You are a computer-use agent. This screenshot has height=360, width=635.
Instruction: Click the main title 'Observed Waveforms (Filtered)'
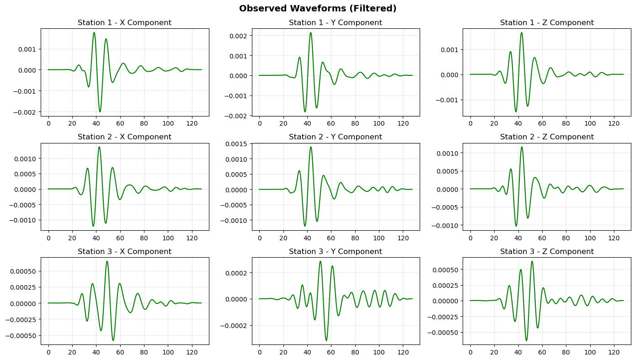[x=317, y=9]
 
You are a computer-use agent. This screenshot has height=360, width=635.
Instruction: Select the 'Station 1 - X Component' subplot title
[x=124, y=23]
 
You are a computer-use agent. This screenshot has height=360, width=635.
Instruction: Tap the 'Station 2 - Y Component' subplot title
[x=336, y=137]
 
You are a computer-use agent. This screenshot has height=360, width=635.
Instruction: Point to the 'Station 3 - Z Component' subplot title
[x=547, y=252]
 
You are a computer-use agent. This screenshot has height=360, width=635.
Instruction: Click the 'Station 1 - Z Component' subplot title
[x=547, y=23]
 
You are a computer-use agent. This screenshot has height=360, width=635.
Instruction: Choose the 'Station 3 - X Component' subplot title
[x=124, y=252]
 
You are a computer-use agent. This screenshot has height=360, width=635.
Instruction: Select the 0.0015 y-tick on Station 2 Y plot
[x=236, y=144]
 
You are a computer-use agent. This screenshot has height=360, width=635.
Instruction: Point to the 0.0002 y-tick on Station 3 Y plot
[x=236, y=273]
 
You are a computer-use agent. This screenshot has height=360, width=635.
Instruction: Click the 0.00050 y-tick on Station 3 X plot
[x=23, y=271]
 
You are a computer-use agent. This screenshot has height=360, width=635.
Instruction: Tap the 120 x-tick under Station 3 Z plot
[x=614, y=352]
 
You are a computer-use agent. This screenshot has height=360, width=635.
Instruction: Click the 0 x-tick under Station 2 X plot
[x=48, y=238]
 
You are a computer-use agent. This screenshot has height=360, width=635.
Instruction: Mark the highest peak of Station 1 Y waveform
[x=311, y=32]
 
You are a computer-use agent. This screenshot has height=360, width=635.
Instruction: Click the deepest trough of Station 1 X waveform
[x=100, y=111]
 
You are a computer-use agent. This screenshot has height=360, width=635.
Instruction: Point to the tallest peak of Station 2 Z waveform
[x=522, y=147]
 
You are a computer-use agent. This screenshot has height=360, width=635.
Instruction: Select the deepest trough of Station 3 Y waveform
[x=326, y=340]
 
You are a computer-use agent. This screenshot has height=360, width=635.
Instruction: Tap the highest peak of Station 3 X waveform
[x=107, y=261]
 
